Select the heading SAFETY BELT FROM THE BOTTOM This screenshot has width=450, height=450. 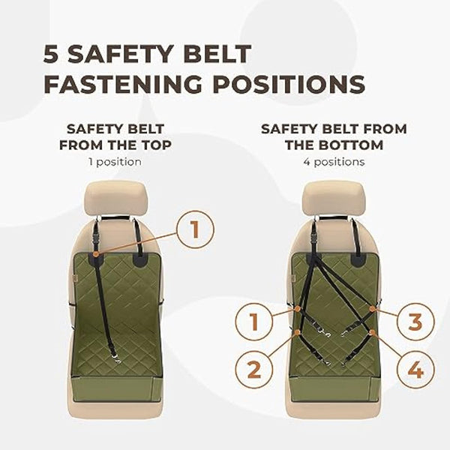(334, 137)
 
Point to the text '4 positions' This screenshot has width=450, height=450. (334, 160)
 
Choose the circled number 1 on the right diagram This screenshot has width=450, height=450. (253, 322)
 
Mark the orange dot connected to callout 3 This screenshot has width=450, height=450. (373, 307)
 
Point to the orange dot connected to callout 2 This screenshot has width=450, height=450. (298, 331)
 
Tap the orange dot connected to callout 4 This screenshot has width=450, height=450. (373, 331)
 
